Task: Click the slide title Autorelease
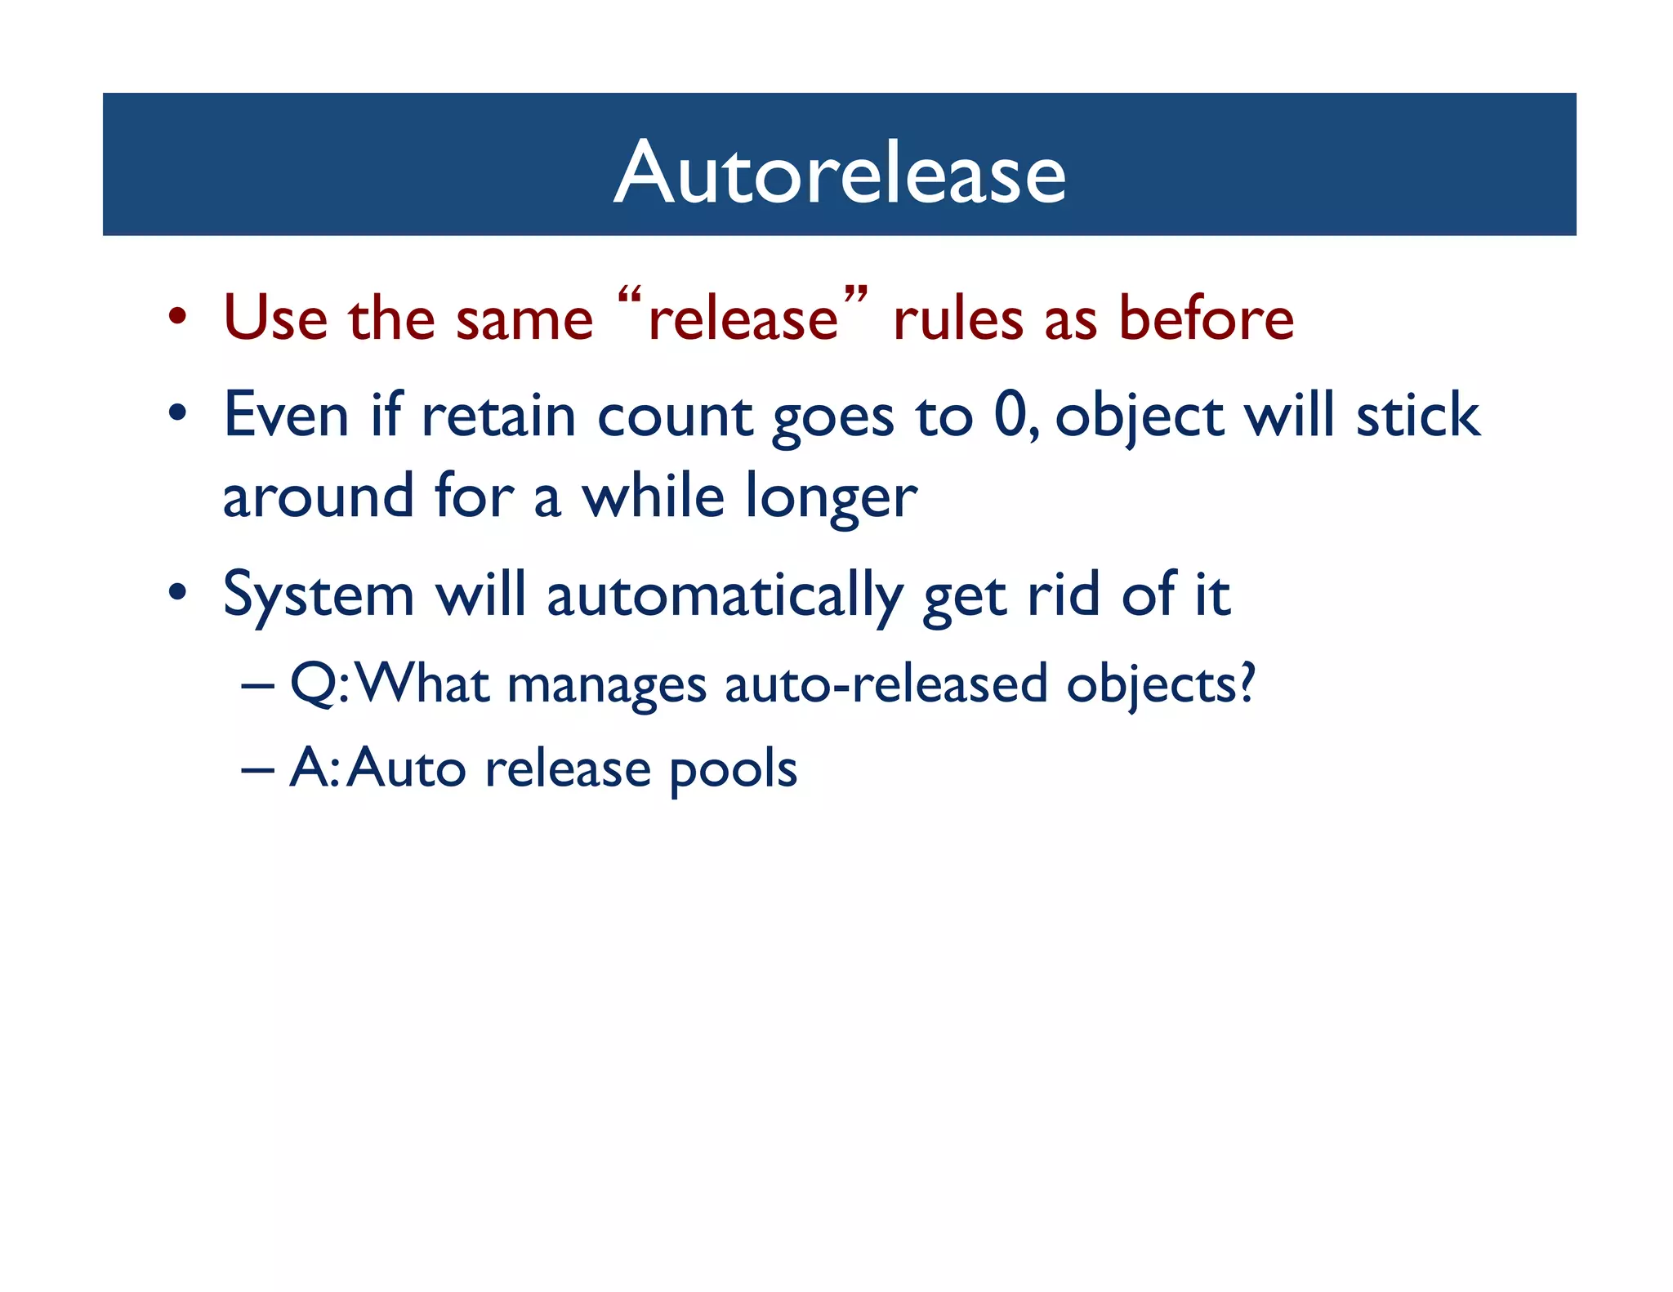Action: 839,172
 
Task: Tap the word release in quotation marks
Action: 743,319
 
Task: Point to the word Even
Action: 286,415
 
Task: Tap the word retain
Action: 498,415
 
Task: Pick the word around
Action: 318,497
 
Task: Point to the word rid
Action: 1063,595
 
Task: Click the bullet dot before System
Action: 178,593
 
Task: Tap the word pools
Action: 733,769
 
